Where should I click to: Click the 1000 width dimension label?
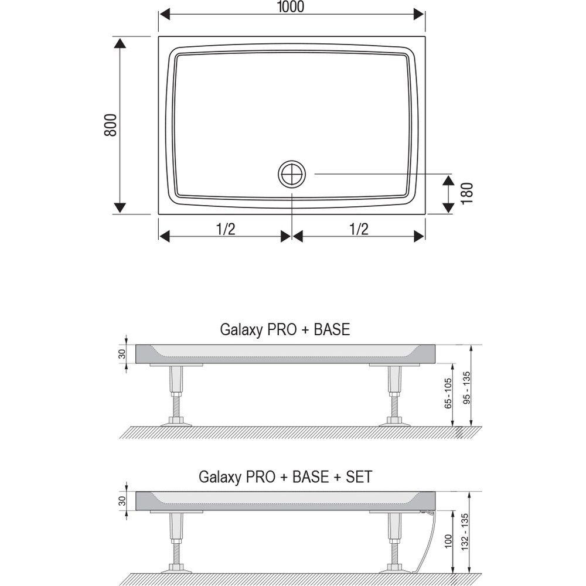click(x=291, y=6)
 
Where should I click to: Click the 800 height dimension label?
click(x=111, y=125)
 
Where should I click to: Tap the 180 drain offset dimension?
click(x=467, y=193)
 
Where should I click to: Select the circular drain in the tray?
click(x=292, y=174)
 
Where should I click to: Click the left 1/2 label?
click(x=226, y=229)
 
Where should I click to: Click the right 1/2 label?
click(x=359, y=229)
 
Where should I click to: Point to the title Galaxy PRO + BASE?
click(x=285, y=329)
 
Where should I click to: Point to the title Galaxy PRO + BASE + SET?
click(x=285, y=477)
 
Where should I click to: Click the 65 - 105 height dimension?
click(x=448, y=394)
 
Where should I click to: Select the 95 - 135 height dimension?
click(x=467, y=387)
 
